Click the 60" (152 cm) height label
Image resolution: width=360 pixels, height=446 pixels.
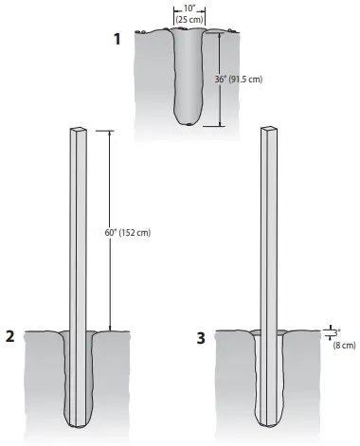point(130,233)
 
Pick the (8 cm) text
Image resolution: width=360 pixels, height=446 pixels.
point(341,346)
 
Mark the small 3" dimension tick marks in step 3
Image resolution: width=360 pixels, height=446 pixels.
point(325,332)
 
